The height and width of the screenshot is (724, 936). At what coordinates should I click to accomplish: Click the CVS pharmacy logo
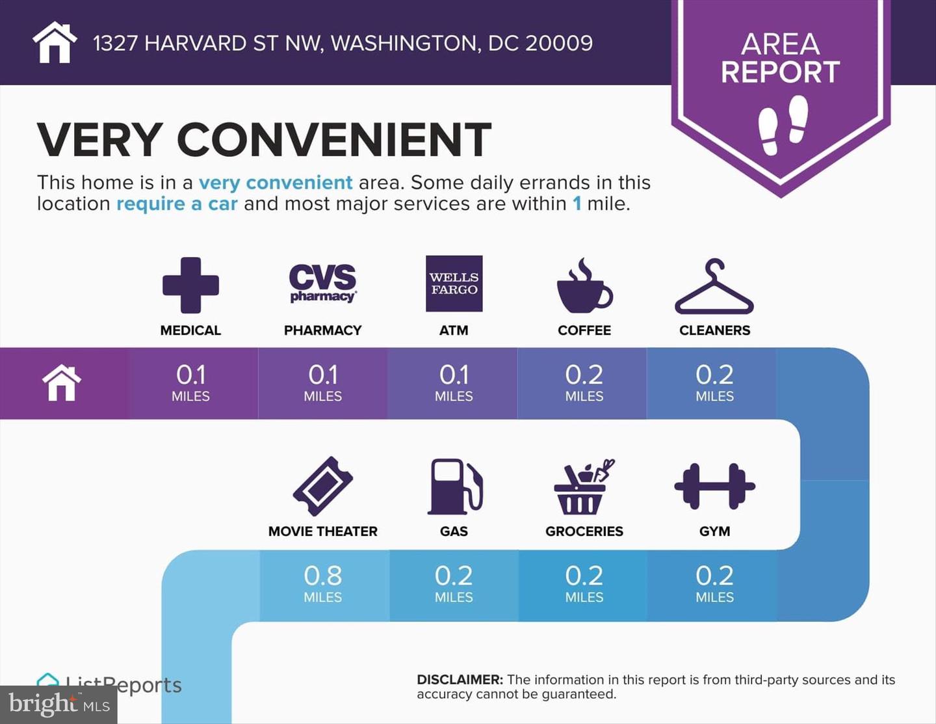coord(322,283)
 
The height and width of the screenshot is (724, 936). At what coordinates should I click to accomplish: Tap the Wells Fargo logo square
coord(454,284)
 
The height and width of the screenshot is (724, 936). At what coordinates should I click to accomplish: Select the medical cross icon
coord(190,286)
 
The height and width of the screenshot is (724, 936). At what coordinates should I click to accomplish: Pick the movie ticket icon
coord(322,486)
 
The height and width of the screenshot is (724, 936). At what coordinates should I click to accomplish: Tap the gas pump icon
coord(454,487)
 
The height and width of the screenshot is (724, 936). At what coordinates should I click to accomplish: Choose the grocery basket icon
coord(584,487)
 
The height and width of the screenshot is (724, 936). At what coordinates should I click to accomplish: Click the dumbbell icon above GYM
coord(714,486)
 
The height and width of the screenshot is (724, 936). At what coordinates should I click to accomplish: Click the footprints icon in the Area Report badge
coord(783,125)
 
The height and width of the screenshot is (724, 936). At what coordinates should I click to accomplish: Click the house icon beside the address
coord(55,42)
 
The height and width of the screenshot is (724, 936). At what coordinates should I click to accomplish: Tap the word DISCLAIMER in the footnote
coord(460,680)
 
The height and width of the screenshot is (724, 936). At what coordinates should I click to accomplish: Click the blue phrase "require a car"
coord(177,204)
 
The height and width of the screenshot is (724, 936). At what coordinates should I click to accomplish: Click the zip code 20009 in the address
coord(558,44)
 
